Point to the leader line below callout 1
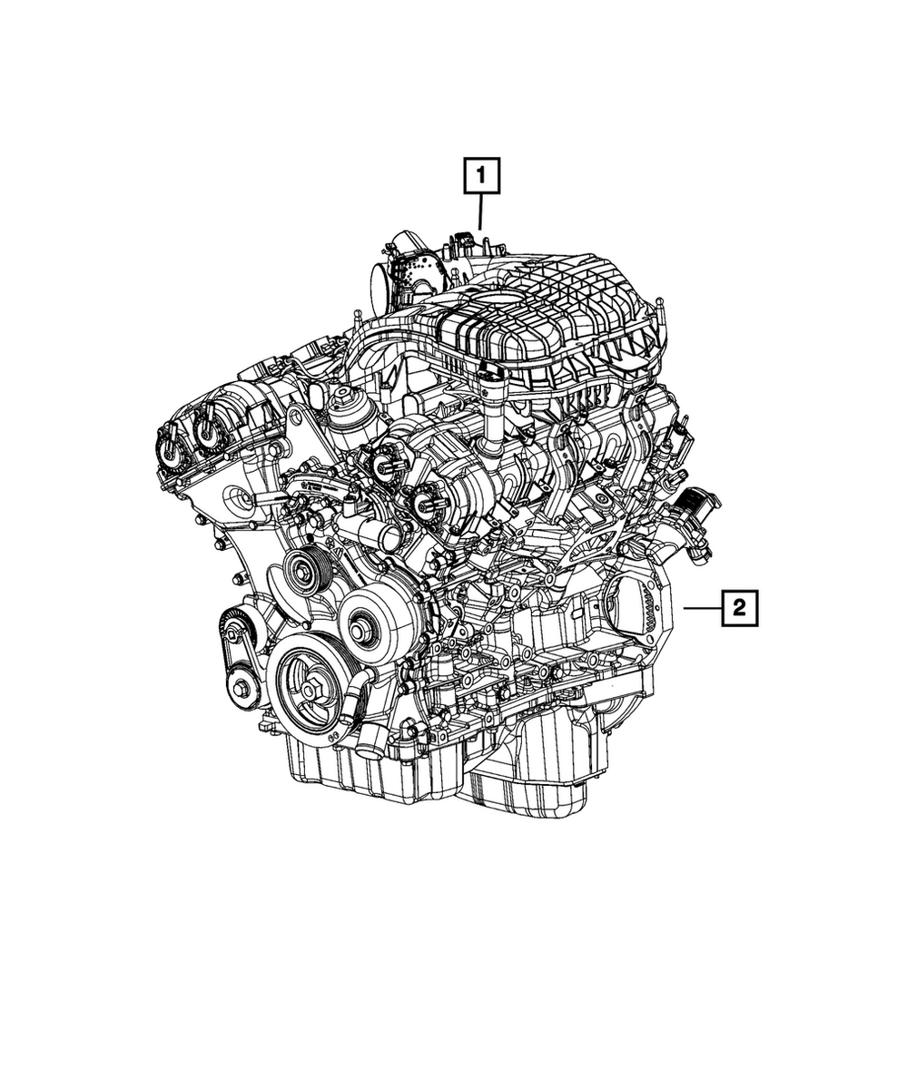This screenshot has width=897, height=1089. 480,213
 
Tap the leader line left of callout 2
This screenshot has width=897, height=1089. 700,609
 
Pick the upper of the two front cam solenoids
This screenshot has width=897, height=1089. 384,460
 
